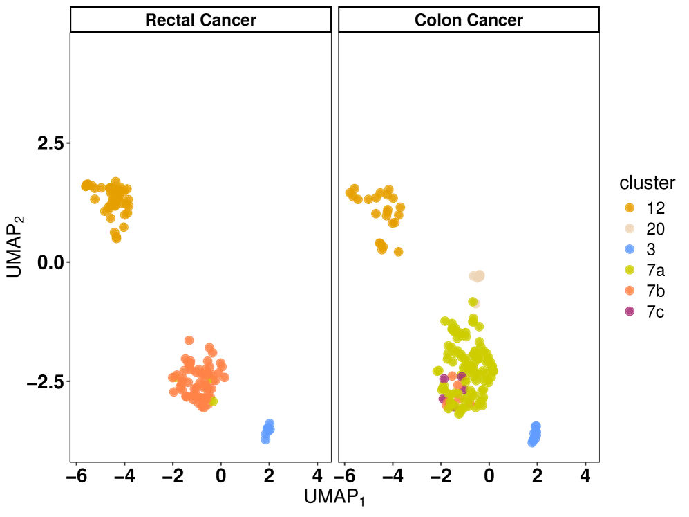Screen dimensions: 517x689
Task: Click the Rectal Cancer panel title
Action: coord(200,20)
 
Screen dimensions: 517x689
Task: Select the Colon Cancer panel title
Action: coord(469,20)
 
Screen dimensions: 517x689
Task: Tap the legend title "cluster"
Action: coord(647,183)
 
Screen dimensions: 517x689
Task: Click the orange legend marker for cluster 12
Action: coord(630,208)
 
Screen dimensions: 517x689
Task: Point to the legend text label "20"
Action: coord(655,228)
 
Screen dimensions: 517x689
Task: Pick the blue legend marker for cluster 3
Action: coord(630,249)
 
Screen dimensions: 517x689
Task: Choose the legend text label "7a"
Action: coord(655,270)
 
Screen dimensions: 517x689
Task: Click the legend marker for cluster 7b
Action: coord(630,291)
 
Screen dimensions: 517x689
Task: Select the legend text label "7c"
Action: coord(655,311)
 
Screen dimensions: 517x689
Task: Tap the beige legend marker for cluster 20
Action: coord(630,228)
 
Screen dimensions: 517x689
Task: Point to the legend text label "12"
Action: coord(655,208)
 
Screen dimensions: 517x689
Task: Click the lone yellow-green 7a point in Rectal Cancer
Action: coord(214,401)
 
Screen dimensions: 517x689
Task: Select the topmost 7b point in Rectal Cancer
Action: coord(189,340)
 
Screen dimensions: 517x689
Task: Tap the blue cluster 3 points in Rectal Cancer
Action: coord(267,431)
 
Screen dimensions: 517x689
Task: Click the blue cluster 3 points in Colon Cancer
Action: coord(534,434)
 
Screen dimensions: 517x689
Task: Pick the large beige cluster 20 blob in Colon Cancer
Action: coord(478,276)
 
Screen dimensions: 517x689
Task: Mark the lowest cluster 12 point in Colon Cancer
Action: coord(398,252)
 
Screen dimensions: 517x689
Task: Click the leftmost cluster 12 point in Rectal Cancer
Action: coord(86,185)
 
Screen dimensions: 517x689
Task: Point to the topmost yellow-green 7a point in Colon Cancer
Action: coord(473,302)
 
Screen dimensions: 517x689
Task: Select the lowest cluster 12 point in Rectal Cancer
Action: coord(117,239)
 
